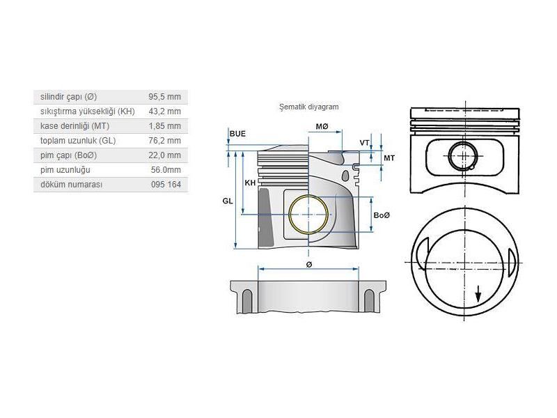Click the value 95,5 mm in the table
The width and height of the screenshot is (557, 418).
(x=164, y=96)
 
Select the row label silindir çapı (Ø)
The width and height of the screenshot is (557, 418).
(x=68, y=96)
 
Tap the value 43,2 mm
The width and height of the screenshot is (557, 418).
(x=164, y=111)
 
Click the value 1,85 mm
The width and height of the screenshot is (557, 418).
(x=164, y=125)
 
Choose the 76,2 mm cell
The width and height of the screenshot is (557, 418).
(x=164, y=140)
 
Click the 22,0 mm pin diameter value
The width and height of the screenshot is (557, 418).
(x=164, y=155)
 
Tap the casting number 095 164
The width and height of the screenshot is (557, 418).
(x=166, y=184)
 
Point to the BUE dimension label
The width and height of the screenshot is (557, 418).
(x=237, y=133)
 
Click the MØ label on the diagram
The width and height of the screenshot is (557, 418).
(x=322, y=127)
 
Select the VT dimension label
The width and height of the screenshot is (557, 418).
(x=364, y=142)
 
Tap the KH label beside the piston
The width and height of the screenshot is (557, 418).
(x=250, y=183)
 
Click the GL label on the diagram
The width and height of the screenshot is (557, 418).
(x=227, y=200)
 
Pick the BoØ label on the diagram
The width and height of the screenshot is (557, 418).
(x=382, y=215)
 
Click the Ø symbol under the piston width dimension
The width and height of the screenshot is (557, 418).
(x=308, y=265)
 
